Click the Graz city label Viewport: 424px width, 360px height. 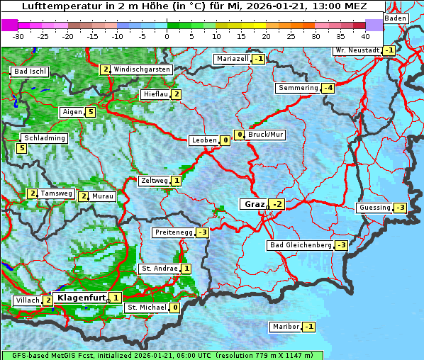tap(253, 204)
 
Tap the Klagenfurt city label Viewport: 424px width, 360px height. tap(80, 298)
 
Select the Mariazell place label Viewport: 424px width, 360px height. tap(233, 58)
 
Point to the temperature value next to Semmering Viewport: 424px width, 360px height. tap(328, 88)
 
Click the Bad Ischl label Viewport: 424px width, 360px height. tap(30, 72)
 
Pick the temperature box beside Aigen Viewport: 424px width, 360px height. tap(90, 112)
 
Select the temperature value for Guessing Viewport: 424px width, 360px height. tap(400, 208)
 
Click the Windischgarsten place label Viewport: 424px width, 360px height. tap(142, 69)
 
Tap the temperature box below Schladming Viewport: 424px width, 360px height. tap(22, 148)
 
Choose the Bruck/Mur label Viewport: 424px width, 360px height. tap(265, 134)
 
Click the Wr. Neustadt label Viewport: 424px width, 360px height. tap(357, 50)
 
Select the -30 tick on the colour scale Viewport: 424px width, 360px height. tap(18, 35)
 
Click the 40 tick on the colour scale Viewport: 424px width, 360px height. tap(365, 35)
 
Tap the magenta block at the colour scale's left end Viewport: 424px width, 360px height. tap(9, 25)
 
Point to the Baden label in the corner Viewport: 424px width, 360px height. tap(396, 18)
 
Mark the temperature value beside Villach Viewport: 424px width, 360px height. tap(48, 300)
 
